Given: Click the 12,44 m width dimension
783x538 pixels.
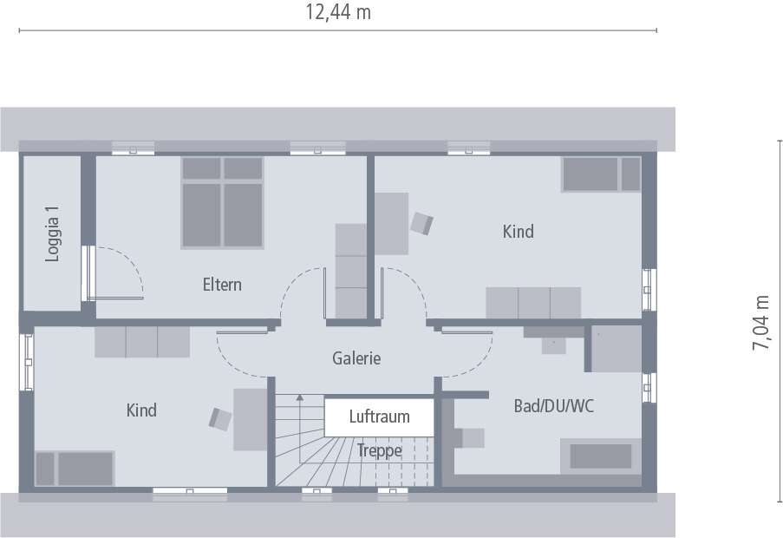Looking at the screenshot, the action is (338, 12).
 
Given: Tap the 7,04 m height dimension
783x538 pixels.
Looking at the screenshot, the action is (761, 323).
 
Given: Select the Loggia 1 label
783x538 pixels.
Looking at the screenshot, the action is (52, 233).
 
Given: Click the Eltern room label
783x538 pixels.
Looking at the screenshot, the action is (222, 285).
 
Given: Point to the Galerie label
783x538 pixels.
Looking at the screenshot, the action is (356, 358).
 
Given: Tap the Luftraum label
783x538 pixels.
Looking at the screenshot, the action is (380, 417).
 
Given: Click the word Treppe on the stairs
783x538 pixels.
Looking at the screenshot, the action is (380, 450).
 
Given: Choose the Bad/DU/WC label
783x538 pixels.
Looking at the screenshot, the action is (554, 406).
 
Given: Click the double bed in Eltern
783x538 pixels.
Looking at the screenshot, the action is (222, 202).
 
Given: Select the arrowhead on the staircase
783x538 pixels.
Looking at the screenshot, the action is (300, 397).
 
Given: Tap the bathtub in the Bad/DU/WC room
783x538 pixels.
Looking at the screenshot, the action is (601, 456).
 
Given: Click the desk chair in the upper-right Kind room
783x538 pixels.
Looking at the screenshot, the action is (421, 223).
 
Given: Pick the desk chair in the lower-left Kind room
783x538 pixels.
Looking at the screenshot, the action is (220, 418).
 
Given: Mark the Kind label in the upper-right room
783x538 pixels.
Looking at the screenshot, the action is (518, 232).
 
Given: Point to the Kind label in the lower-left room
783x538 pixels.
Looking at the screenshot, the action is (141, 410).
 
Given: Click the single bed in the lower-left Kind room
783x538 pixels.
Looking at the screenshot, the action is (75, 469).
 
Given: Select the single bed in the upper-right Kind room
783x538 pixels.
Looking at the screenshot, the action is (601, 174).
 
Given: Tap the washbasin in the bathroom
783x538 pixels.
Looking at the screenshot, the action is (553, 340).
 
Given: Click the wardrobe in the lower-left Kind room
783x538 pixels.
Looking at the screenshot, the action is (142, 342).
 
